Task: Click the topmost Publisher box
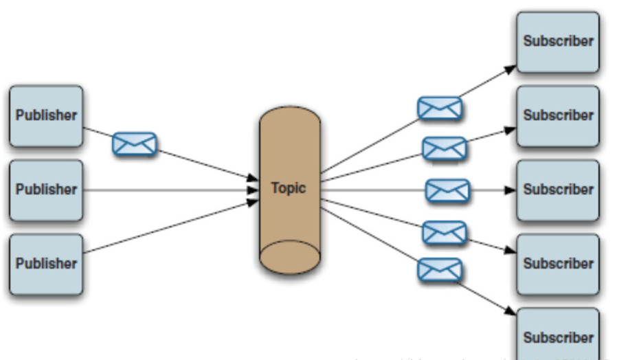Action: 46,115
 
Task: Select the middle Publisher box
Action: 46,190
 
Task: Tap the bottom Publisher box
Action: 46,264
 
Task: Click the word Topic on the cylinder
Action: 289,188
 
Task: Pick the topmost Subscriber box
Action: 557,41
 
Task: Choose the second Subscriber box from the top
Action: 557,115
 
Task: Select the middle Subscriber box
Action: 557,190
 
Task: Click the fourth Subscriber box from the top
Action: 557,264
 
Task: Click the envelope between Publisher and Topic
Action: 135,144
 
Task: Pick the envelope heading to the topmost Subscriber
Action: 440,108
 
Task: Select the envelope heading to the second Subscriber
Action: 445,148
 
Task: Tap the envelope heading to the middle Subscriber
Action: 447,190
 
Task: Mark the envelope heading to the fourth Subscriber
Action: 444,232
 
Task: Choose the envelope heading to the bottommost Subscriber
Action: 439,269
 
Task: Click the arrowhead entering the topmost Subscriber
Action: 511,68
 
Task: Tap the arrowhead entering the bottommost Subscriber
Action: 511,312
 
